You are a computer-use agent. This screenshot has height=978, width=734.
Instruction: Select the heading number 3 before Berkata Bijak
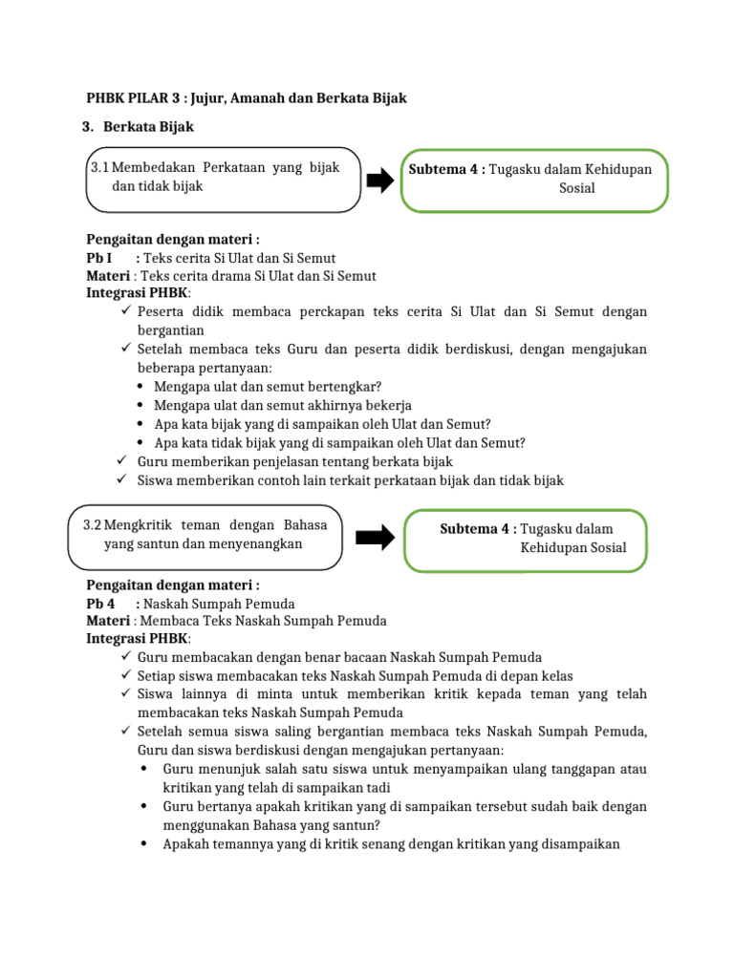tap(87, 126)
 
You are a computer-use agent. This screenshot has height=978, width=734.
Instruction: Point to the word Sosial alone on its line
tap(576, 188)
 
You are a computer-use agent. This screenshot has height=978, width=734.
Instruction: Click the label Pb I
tap(99, 258)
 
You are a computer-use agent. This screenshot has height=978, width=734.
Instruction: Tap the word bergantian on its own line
tap(172, 330)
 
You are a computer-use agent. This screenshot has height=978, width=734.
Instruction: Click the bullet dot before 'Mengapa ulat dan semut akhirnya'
tap(141, 406)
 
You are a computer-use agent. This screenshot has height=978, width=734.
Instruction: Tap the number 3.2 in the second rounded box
tap(93, 525)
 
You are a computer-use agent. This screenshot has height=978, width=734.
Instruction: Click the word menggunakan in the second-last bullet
tap(205, 824)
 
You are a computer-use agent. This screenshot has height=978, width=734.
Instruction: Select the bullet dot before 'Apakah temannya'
tap(141, 843)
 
